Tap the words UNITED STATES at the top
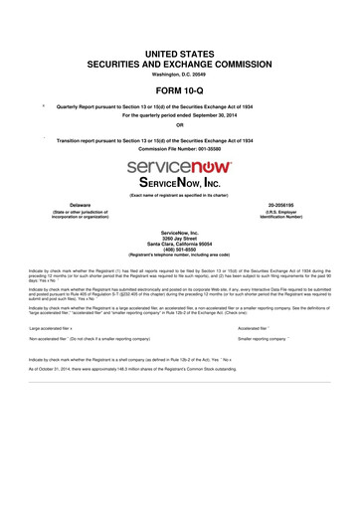[x=180, y=50]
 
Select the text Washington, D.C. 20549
[x=180, y=72]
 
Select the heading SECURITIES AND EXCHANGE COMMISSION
[x=180, y=61]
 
